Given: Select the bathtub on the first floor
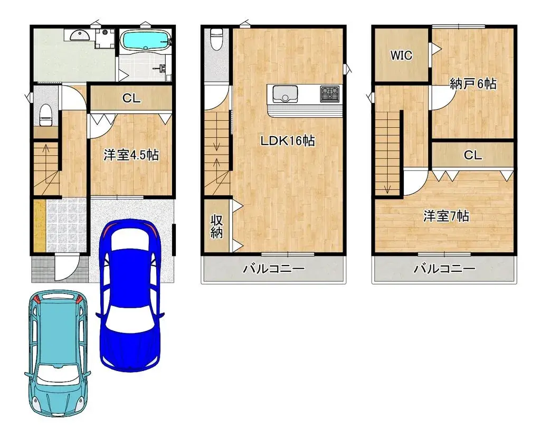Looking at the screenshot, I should [145, 41].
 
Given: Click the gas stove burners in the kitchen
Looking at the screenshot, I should [330, 94].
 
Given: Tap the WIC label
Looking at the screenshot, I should [401, 56].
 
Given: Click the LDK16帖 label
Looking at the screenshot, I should [287, 141].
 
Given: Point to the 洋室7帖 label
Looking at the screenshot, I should [446, 216].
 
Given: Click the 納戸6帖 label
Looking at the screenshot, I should [473, 83].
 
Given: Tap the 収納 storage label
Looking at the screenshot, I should [217, 226].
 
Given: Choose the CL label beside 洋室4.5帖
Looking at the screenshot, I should [131, 98].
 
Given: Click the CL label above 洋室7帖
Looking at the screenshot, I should [472, 155].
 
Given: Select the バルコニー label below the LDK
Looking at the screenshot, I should [273, 269].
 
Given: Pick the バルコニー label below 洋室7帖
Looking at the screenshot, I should [444, 269].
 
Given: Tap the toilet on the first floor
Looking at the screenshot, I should [46, 114].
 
